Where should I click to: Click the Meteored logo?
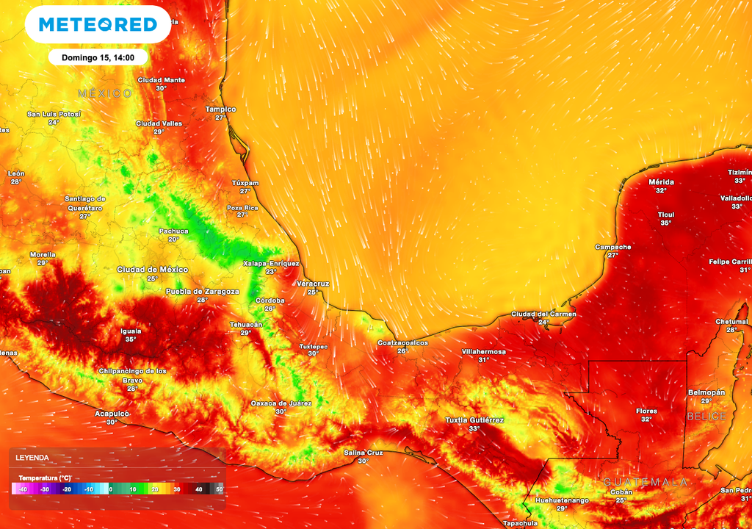click(x=98, y=24)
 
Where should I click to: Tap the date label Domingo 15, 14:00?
click(x=98, y=57)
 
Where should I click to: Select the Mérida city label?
click(x=661, y=181)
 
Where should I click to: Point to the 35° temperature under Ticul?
click(x=665, y=223)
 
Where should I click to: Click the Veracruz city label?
click(x=313, y=284)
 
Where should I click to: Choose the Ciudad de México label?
click(x=152, y=270)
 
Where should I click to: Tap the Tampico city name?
click(x=220, y=109)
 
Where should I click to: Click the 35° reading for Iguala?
click(x=131, y=339)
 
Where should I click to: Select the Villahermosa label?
click(x=483, y=351)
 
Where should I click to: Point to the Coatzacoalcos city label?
click(x=402, y=342)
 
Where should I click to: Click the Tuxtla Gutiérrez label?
click(x=474, y=420)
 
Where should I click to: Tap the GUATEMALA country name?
click(x=646, y=482)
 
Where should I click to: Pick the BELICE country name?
click(x=706, y=416)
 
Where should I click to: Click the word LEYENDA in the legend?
click(x=34, y=458)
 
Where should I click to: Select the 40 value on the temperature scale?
click(x=198, y=489)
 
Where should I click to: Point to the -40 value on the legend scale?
click(x=23, y=489)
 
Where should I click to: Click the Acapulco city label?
click(x=112, y=414)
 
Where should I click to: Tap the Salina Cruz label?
click(x=364, y=453)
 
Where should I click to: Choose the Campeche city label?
click(x=612, y=247)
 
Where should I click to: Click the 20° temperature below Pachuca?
click(x=173, y=239)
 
